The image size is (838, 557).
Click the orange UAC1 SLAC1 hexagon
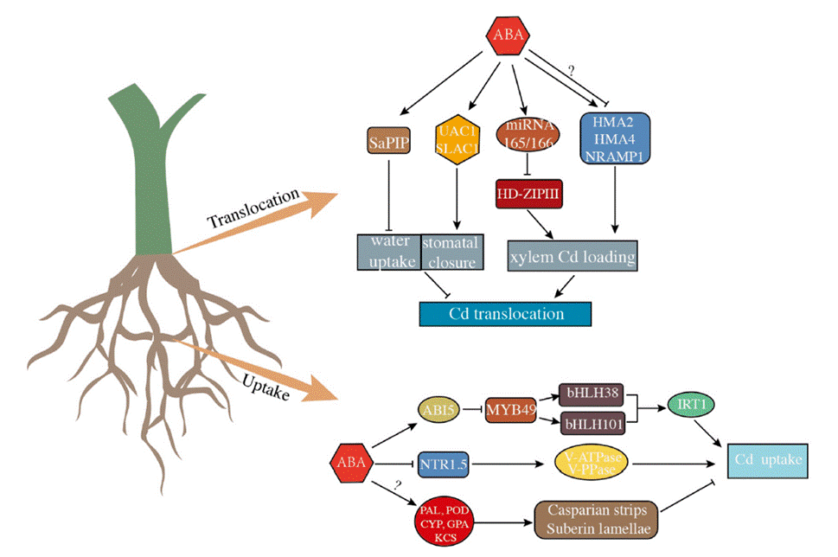coord(459,139)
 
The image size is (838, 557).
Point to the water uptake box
coord(389,251)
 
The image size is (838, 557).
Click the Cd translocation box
coord(505,313)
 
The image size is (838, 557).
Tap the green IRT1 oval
coord(692,405)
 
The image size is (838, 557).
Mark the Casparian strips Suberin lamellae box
coord(597,518)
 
